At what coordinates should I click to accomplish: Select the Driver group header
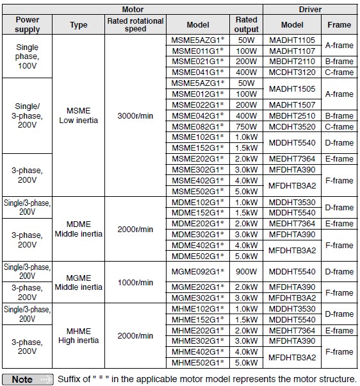click(310, 10)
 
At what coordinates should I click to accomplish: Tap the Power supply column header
click(27, 24)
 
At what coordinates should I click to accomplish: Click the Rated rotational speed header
click(135, 24)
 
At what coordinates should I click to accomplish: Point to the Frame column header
click(339, 24)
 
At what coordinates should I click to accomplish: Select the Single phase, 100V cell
click(27, 56)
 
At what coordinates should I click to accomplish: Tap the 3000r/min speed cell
click(135, 115)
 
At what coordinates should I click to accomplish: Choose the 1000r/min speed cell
click(135, 283)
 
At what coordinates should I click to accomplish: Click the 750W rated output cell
click(246, 127)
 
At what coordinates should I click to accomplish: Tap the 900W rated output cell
click(246, 272)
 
